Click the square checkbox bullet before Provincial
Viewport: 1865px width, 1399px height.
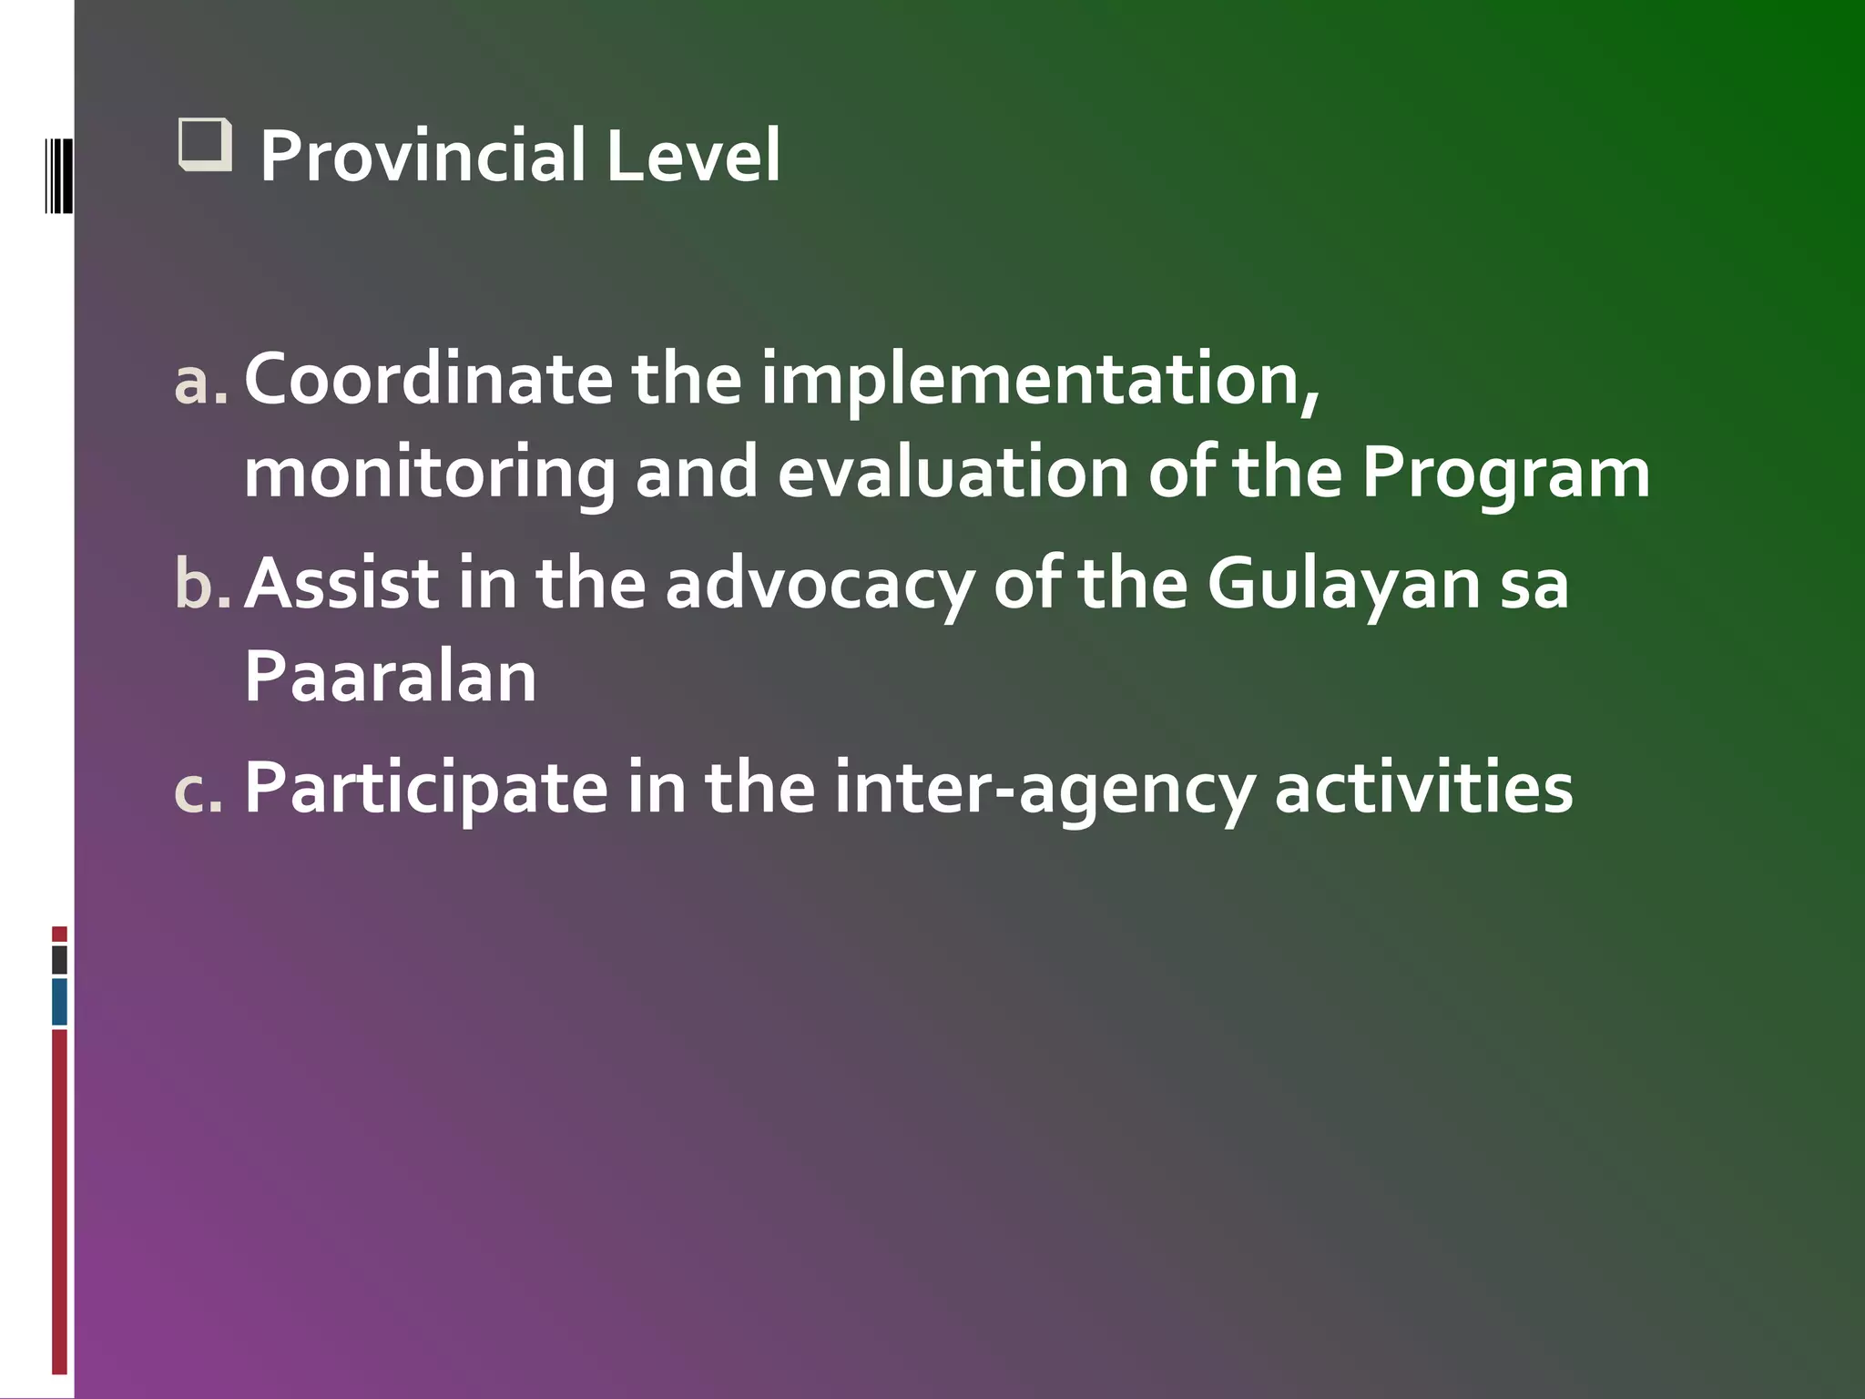[x=205, y=146]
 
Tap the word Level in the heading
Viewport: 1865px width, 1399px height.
[x=692, y=156]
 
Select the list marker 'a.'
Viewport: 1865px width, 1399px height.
[x=200, y=382]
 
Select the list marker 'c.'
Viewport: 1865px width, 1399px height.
[x=199, y=789]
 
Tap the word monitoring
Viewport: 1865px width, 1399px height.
[x=429, y=475]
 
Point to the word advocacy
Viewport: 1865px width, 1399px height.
[x=820, y=586]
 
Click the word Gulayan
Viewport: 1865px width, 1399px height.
[x=1344, y=586]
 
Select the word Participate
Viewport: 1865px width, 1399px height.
[x=426, y=789]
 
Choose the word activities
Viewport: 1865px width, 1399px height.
[x=1423, y=788]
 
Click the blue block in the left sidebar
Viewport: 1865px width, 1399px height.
[x=59, y=1001]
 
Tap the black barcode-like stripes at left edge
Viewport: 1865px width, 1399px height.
[x=58, y=175]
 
